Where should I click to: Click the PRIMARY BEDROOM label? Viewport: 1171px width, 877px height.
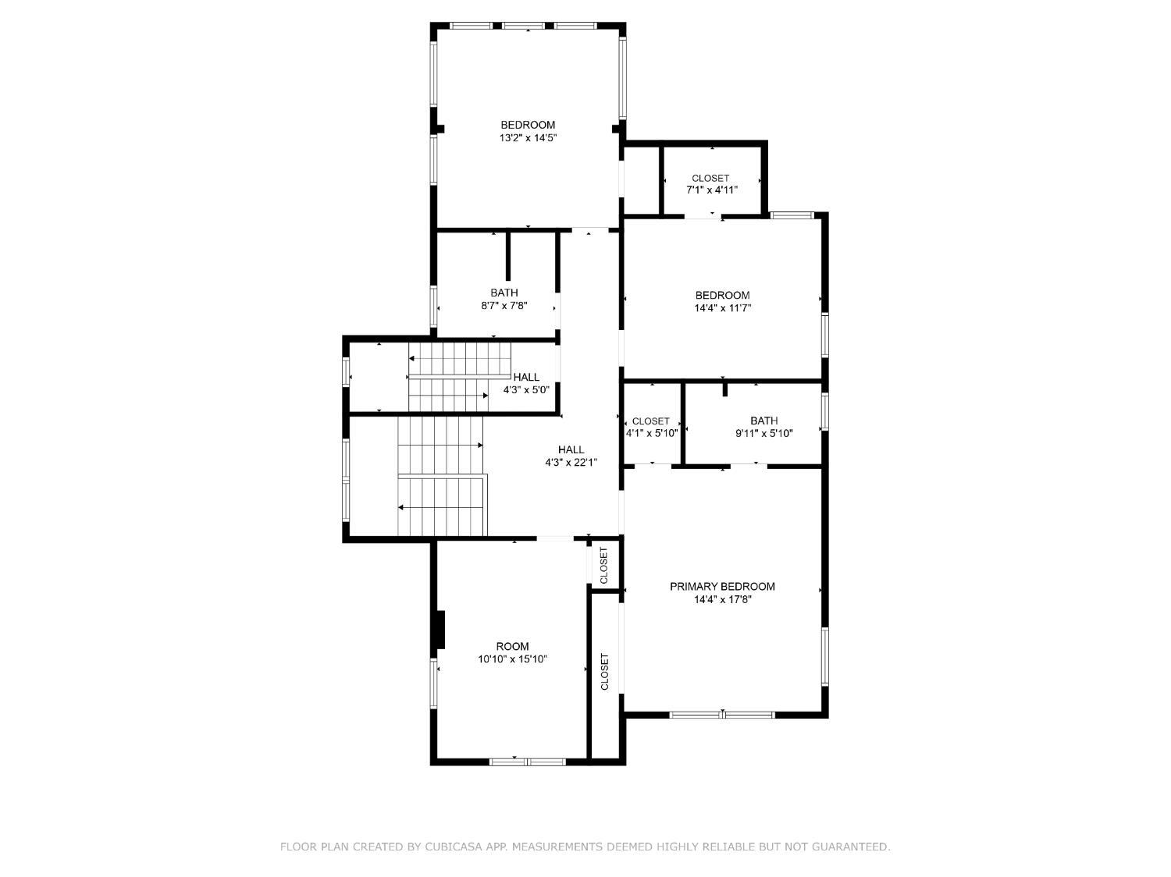tap(722, 587)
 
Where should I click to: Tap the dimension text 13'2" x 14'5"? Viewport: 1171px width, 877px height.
tap(528, 138)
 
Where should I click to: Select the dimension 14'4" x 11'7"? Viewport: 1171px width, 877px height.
tap(722, 308)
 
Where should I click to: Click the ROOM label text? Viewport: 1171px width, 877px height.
tap(512, 646)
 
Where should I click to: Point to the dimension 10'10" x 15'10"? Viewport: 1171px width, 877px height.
tap(512, 659)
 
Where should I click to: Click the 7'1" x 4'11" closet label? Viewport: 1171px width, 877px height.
tap(711, 190)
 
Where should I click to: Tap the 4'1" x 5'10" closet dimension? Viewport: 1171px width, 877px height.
tap(651, 434)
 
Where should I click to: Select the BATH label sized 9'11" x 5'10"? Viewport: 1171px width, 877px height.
tap(763, 421)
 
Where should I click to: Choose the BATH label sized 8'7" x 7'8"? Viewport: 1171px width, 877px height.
tap(504, 293)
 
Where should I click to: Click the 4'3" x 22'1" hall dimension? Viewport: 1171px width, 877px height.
tap(571, 463)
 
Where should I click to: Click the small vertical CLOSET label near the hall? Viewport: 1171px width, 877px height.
tap(603, 565)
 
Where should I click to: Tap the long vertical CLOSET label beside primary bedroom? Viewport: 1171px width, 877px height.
tap(604, 671)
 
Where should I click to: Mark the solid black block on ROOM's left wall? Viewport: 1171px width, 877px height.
tap(440, 630)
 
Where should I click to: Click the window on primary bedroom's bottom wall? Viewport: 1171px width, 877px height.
tap(722, 714)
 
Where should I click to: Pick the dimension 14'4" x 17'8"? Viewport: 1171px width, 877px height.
tap(722, 600)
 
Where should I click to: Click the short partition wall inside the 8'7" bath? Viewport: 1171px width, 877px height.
tap(507, 256)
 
